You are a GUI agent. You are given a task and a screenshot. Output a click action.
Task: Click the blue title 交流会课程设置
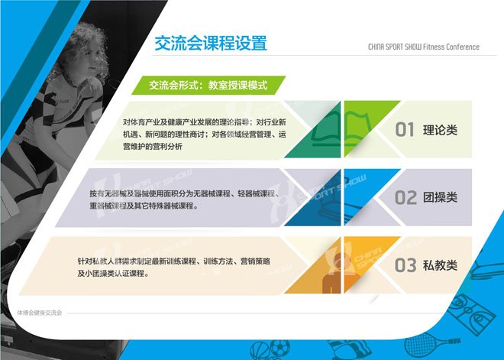[x=211, y=43]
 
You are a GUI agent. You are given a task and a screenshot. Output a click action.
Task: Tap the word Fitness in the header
[x=434, y=47]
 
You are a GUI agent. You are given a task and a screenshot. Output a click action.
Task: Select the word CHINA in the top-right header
[x=376, y=47]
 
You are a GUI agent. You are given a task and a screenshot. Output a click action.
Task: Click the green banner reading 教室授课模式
[x=208, y=86]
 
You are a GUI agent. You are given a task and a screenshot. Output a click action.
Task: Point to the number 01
[x=405, y=130]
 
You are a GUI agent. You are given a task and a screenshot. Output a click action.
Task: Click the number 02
[x=405, y=197]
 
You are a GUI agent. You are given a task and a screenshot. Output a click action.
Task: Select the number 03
[x=405, y=265]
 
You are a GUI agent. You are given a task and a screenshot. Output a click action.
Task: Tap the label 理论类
[x=440, y=130]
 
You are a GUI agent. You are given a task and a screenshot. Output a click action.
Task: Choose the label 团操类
[x=440, y=197]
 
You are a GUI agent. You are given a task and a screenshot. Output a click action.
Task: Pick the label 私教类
[x=440, y=265]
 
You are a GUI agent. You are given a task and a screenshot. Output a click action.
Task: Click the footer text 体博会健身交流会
[x=39, y=313]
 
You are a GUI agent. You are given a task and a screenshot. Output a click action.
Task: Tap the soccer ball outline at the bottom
[x=279, y=348]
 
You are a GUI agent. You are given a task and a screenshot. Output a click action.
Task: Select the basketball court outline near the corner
[x=471, y=313]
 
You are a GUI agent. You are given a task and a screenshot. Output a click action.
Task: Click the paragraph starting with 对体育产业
[x=205, y=135]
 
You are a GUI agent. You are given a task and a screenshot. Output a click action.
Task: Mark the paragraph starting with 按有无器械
[x=185, y=199]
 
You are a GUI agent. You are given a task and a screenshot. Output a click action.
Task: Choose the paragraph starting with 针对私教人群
[x=173, y=268]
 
